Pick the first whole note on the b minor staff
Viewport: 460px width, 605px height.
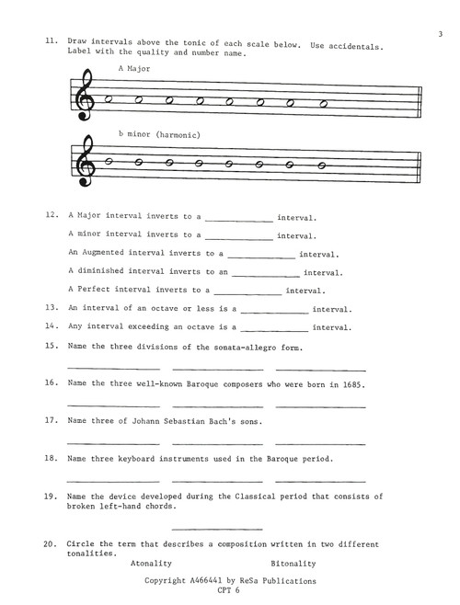(109, 161)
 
